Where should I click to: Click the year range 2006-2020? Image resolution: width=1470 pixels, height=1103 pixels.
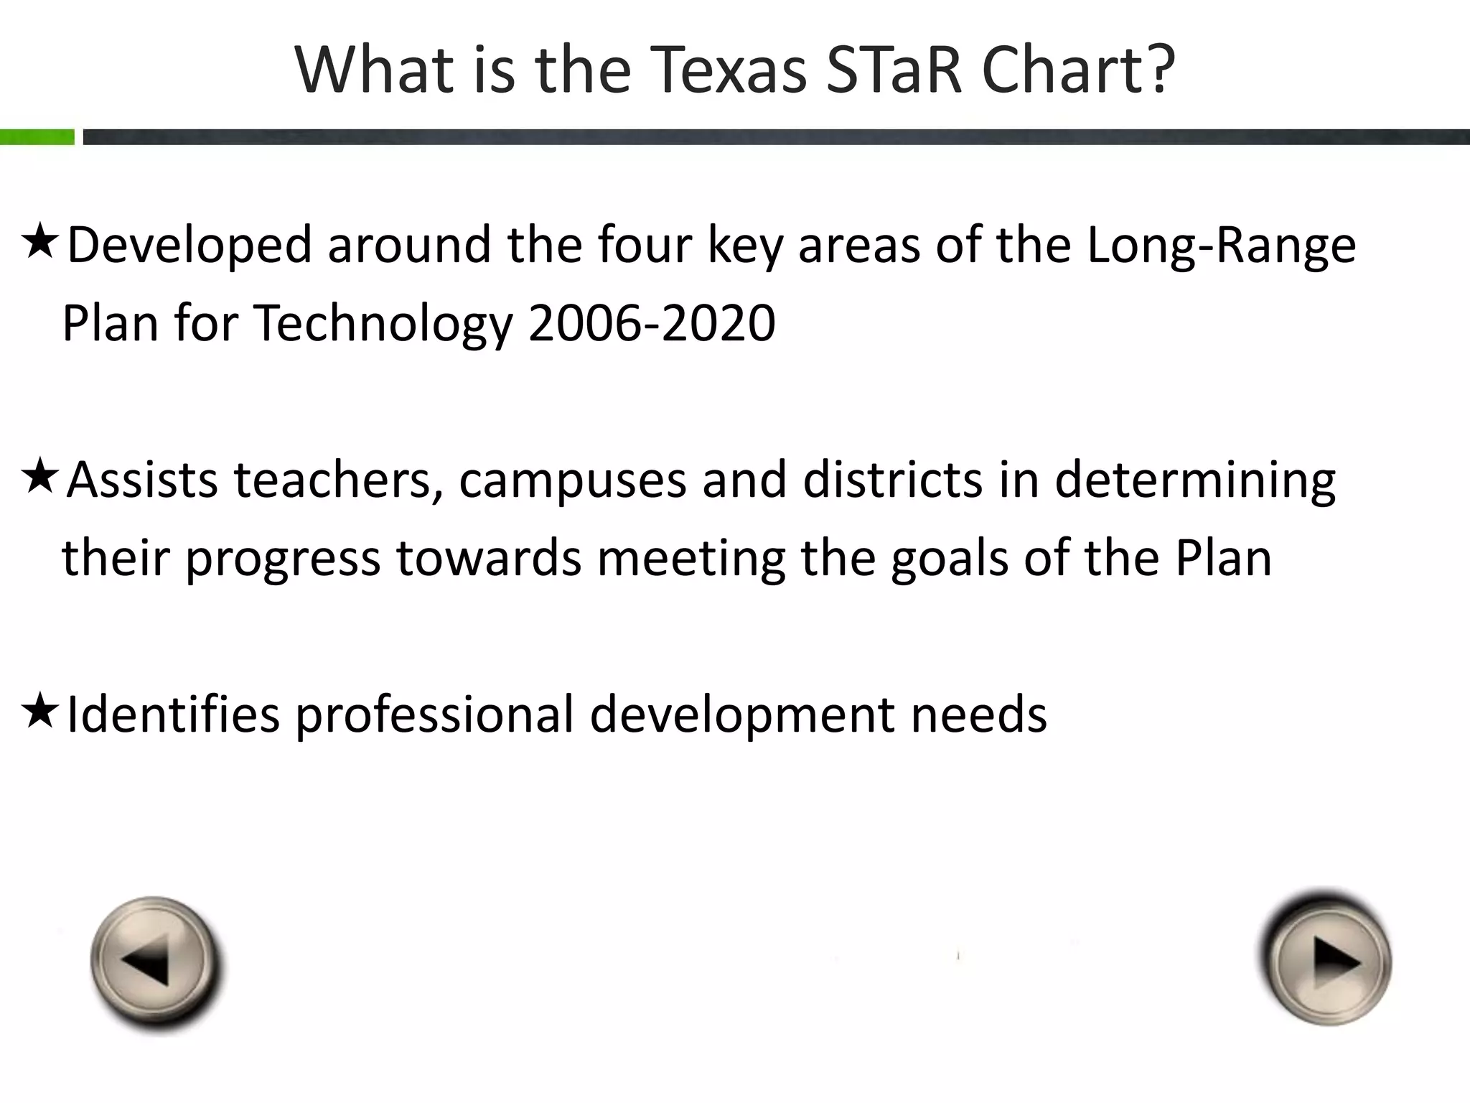[x=652, y=322]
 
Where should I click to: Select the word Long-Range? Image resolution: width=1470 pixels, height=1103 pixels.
[x=1221, y=246]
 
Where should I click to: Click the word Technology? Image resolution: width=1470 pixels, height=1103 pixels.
[x=383, y=324]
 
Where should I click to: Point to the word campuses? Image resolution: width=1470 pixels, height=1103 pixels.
[x=572, y=480]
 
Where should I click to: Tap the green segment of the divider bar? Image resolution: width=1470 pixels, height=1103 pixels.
[x=37, y=137]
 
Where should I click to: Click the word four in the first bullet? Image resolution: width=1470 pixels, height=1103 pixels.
[x=645, y=245]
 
